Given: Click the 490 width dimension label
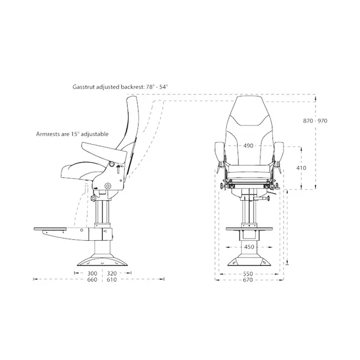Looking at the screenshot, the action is point(248,146).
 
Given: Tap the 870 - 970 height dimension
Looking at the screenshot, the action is point(315,121).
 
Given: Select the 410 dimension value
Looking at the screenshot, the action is point(301,168).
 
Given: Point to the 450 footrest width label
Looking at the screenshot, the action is point(249,247).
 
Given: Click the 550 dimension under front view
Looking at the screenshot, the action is point(248,274).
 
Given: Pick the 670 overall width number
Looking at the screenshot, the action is point(247,280).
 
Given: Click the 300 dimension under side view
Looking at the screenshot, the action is point(92,273).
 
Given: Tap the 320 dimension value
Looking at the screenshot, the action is point(112,273).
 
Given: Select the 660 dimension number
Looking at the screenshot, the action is point(92,280).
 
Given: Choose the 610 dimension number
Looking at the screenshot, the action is point(112,280).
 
